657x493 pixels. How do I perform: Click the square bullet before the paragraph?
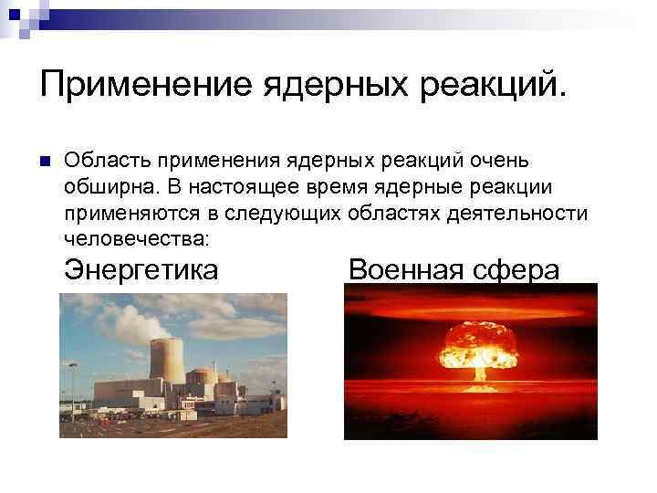(43, 161)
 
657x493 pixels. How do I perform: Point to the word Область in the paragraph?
(106, 160)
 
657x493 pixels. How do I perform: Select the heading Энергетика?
(141, 270)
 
